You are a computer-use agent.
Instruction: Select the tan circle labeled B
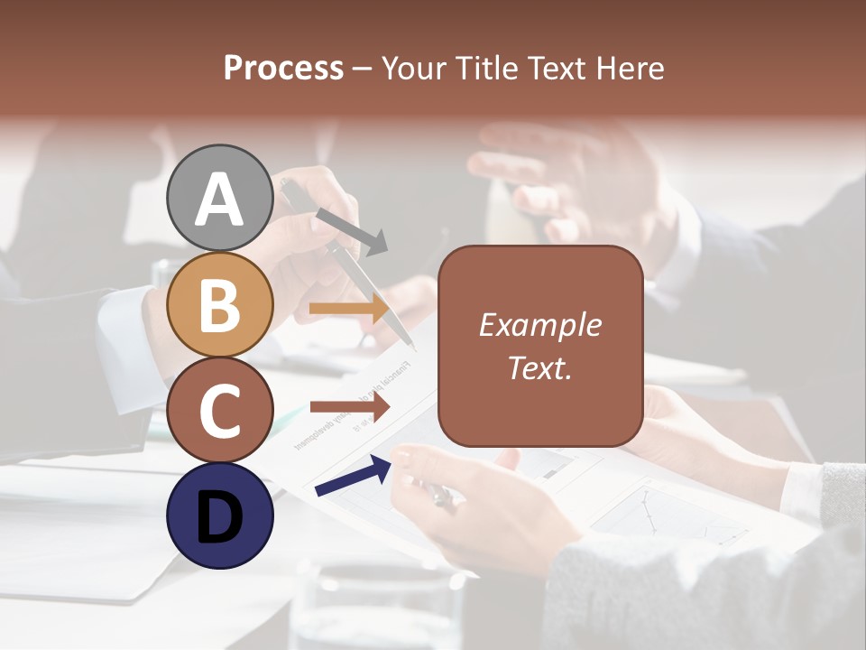[x=220, y=305]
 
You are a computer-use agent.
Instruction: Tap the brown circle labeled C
[x=220, y=409]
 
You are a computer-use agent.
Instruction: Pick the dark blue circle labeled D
[x=220, y=515]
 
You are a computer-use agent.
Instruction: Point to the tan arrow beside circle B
[x=349, y=308]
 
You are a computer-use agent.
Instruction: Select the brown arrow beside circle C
[x=349, y=408]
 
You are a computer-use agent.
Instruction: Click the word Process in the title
[x=283, y=69]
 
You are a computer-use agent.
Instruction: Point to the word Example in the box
[x=539, y=326]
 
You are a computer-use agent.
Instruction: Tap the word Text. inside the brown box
[x=539, y=367]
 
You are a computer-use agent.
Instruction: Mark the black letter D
[x=220, y=518]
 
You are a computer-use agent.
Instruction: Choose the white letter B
[x=220, y=306]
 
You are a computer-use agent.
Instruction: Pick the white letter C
[x=220, y=411]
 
